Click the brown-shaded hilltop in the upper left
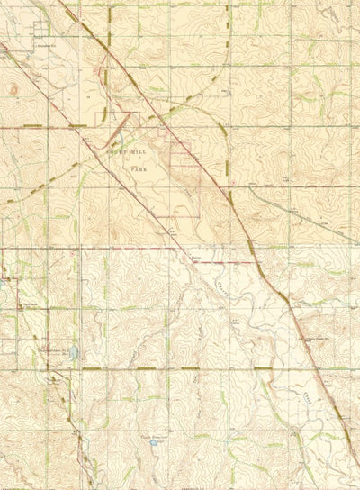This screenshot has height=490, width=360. tap(13, 88)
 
